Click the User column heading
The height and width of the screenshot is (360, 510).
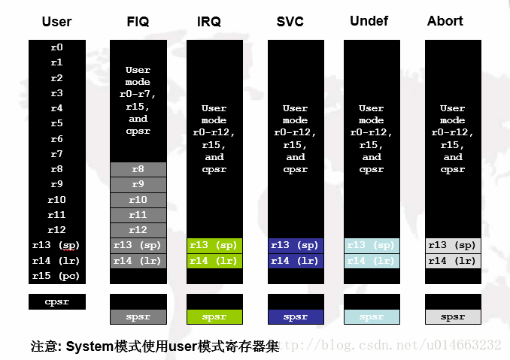57,21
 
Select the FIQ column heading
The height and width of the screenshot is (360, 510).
138,21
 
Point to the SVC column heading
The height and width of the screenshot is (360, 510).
290,21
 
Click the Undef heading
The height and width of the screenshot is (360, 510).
369,21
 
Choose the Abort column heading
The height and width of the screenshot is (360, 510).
445,21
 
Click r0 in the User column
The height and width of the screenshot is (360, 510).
57,47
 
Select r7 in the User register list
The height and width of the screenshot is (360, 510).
57,154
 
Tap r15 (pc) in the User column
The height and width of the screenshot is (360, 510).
57,276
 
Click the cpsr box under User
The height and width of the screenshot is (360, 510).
57,301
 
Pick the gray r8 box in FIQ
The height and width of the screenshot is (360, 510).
138,169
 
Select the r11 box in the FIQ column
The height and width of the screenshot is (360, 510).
138,215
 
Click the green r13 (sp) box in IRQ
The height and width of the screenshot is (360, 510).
214,245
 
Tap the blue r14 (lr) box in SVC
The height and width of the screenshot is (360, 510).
296,261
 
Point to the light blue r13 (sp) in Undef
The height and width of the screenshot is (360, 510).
372,245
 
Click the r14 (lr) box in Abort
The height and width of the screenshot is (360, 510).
452,261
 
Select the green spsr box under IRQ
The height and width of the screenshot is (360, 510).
214,316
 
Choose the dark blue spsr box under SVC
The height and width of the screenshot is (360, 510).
296,316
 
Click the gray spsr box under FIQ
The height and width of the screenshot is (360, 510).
138,316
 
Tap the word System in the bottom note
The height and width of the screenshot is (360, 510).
90,346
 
